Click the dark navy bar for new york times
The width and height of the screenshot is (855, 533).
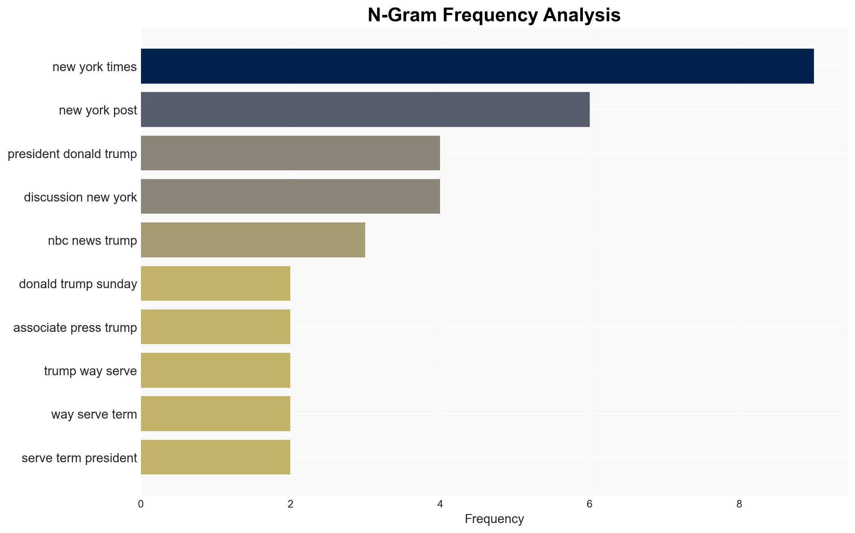477,66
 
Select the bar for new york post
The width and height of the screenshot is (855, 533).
365,109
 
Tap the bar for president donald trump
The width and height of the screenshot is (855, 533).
290,153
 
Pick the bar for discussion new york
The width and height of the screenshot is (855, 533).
290,197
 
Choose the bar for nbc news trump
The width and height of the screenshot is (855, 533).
253,240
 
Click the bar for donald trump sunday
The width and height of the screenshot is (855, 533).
215,284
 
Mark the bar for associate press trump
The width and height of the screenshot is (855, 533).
215,327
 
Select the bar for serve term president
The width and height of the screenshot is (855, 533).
215,457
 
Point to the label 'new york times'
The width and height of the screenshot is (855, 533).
95,67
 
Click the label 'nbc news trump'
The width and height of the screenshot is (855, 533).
92,241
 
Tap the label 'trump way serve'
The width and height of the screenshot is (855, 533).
90,371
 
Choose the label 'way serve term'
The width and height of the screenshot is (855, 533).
94,414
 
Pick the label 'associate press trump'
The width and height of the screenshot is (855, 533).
75,328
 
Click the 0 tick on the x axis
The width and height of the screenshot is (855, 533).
141,504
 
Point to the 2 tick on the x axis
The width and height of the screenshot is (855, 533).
290,504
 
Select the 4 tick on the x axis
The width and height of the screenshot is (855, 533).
440,504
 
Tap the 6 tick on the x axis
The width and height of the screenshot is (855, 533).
590,504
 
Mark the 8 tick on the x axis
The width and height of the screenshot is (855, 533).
739,504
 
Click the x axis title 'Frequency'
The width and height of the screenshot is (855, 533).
494,519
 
